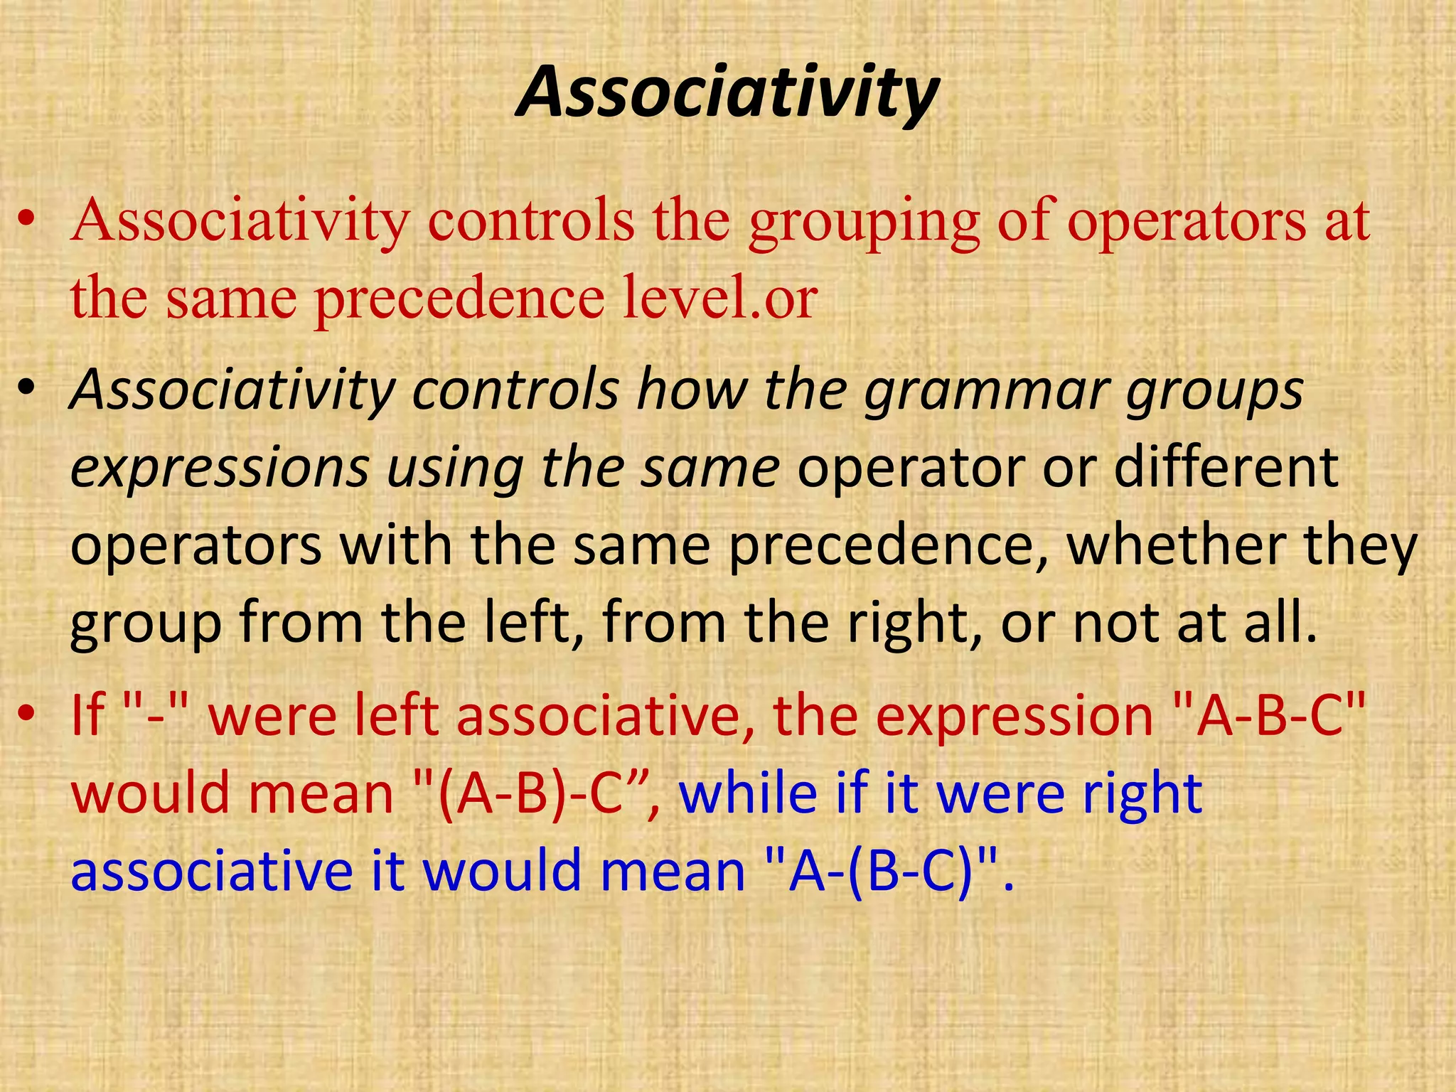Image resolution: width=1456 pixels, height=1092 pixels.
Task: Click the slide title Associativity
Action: [x=727, y=92]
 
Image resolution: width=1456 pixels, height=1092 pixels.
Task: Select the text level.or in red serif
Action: [x=720, y=298]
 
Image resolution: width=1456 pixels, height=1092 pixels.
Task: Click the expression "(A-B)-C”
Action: [x=537, y=794]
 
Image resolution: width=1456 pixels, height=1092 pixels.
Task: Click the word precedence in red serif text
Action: [x=459, y=299]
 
